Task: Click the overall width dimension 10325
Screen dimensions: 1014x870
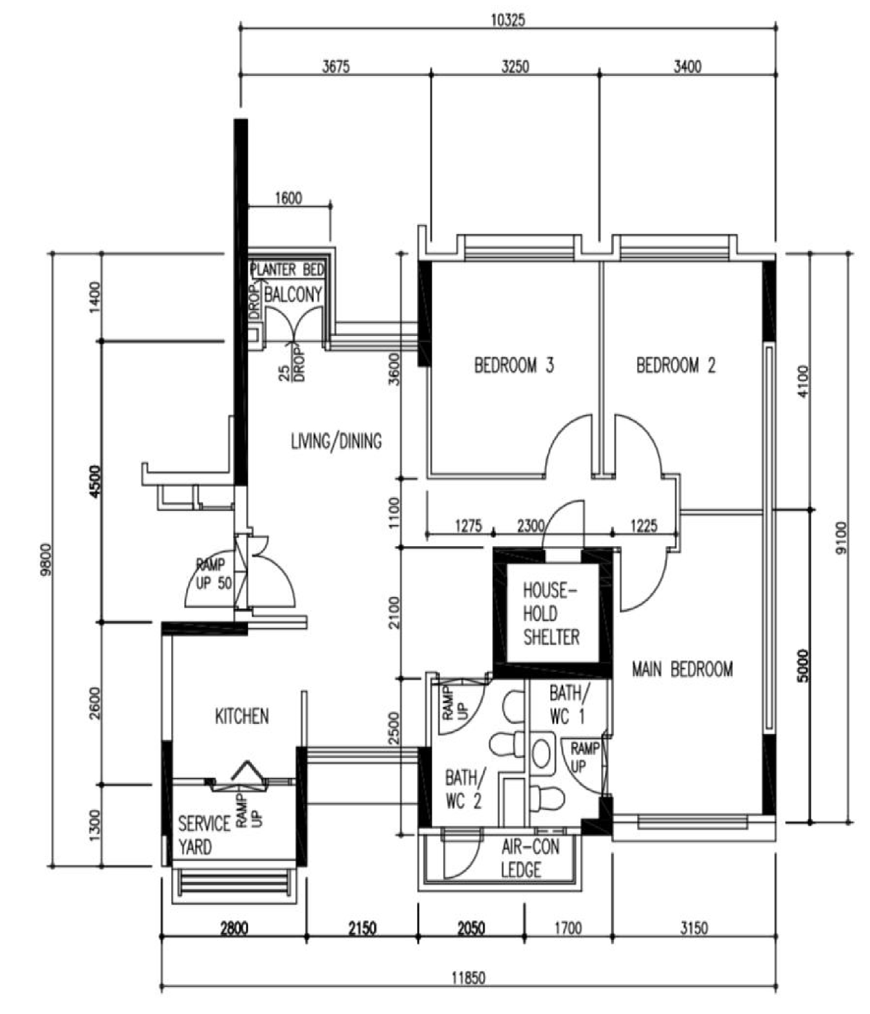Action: tap(508, 20)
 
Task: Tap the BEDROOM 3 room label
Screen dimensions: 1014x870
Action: tap(514, 365)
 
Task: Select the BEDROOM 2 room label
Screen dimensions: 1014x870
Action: tap(676, 365)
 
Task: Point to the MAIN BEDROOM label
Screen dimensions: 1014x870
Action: tap(682, 669)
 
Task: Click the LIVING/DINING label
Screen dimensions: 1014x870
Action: tap(336, 441)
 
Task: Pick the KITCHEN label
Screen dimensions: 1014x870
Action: tap(241, 716)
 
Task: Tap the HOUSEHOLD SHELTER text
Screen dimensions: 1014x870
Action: tap(551, 614)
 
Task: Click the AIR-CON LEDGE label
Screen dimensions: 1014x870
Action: tap(530, 858)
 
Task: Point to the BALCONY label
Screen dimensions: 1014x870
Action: tap(293, 295)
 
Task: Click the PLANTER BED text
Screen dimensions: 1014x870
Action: tap(288, 270)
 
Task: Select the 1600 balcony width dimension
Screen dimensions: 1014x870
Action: tap(288, 198)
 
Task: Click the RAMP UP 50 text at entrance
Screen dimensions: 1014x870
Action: tap(210, 574)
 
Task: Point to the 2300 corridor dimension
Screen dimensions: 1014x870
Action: tap(531, 526)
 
